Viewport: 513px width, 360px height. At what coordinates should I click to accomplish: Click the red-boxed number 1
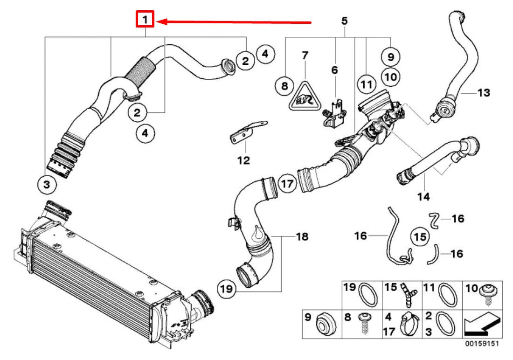point(145,20)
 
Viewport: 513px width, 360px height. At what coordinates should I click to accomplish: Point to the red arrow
point(233,21)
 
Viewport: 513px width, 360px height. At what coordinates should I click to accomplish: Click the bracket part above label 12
point(245,133)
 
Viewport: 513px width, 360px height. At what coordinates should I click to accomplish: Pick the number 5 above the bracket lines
point(344,21)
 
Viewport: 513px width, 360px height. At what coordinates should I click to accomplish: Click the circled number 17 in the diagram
point(288,184)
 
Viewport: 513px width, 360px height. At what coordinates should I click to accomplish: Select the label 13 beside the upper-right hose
point(484,93)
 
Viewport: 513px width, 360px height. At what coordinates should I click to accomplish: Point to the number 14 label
point(423,197)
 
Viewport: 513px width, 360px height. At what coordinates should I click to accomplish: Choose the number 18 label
point(302,237)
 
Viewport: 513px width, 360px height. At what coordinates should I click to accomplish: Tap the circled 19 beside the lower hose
point(226,289)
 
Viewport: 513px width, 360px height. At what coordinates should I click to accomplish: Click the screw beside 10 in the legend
point(489,292)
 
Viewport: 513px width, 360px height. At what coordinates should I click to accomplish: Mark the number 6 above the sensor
point(334,70)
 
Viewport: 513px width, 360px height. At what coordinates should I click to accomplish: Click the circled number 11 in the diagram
point(367,85)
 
